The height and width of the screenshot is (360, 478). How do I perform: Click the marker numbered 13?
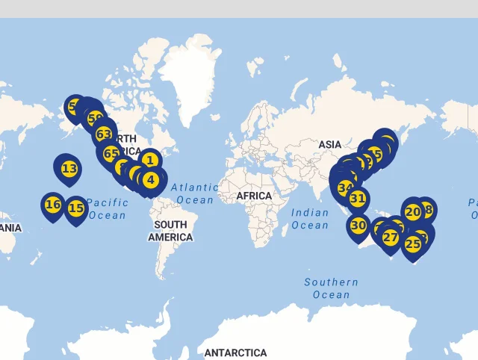click(x=69, y=169)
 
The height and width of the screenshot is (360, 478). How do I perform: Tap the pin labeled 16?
click(x=53, y=204)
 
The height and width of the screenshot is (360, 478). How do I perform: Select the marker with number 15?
click(x=76, y=208)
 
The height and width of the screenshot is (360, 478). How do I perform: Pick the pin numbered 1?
click(x=150, y=160)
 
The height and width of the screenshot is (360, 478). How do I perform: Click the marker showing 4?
click(x=151, y=179)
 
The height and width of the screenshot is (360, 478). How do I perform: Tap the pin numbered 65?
click(x=111, y=155)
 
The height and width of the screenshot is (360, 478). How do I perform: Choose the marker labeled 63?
click(x=104, y=134)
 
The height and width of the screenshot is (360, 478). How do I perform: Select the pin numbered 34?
click(x=345, y=187)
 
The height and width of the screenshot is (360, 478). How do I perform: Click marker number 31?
click(x=358, y=199)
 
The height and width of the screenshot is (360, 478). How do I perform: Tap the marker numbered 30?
click(x=358, y=225)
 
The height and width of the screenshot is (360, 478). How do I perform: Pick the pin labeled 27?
click(x=391, y=238)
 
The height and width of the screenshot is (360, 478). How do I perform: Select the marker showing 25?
click(x=413, y=243)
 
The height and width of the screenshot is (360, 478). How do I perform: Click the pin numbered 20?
click(x=413, y=211)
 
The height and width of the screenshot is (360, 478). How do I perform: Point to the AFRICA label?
click(x=254, y=196)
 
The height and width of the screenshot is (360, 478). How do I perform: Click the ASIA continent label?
click(x=329, y=144)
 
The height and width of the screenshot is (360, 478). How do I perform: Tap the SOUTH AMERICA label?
click(x=170, y=231)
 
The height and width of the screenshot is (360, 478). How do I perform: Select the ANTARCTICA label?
click(x=235, y=353)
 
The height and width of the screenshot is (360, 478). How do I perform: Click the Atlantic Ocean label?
click(x=195, y=193)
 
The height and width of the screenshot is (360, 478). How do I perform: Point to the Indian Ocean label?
click(x=310, y=219)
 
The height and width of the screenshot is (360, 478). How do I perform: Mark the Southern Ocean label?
click(x=331, y=288)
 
